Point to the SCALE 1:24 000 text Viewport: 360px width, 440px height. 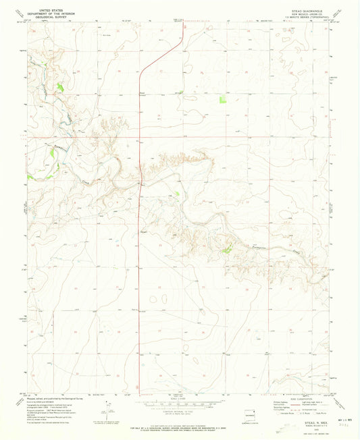click(x=180, y=395)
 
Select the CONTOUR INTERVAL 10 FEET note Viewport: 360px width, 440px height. click(x=180, y=409)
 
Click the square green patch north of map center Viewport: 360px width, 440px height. click(x=223, y=100)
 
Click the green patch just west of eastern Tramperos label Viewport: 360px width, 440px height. click(x=228, y=250)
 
